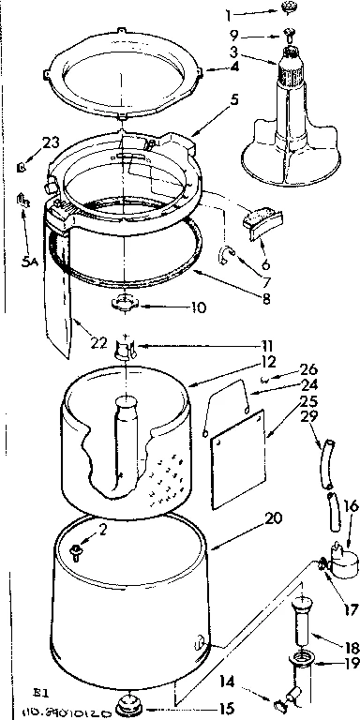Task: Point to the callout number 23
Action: (23, 143)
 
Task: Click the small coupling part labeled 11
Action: (124, 350)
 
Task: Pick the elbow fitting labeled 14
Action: (285, 695)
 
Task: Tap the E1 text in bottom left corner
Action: (17, 695)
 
